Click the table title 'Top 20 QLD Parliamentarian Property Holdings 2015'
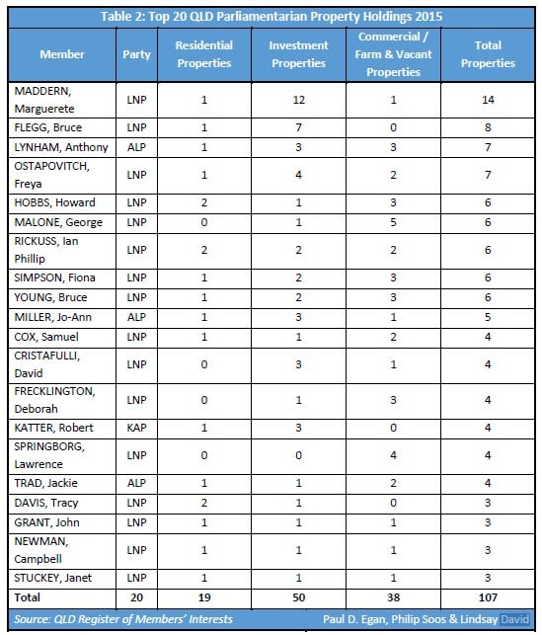(x=295, y=17)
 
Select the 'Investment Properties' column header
(x=299, y=54)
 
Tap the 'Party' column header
(x=136, y=54)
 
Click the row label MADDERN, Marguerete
(x=44, y=100)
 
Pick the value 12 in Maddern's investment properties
(x=299, y=100)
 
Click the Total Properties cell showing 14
(x=488, y=100)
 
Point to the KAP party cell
(x=136, y=428)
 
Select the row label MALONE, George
(x=58, y=222)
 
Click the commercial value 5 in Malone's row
(x=393, y=222)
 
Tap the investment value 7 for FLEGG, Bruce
(x=299, y=127)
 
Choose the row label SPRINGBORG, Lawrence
(x=49, y=455)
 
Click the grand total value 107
(x=488, y=597)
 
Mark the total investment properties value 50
(x=299, y=597)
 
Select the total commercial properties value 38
(x=393, y=597)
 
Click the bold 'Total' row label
(x=27, y=597)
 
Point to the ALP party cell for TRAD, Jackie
(x=136, y=483)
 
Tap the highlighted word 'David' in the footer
(x=515, y=619)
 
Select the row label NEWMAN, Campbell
(x=40, y=550)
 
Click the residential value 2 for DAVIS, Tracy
(x=204, y=503)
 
